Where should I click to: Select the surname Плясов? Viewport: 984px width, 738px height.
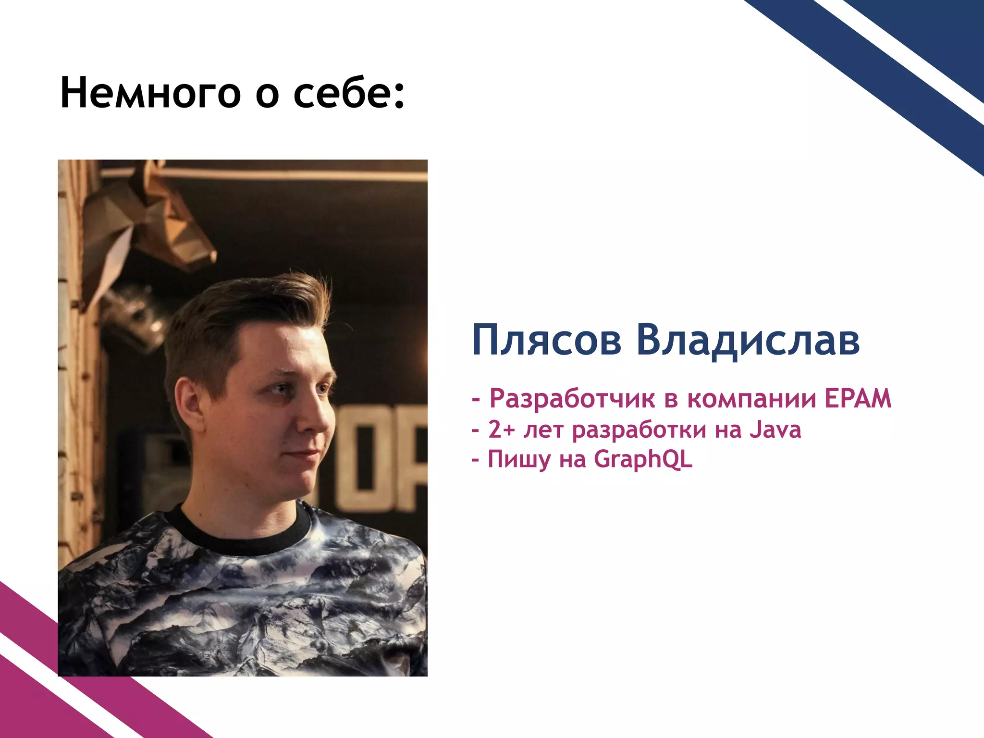pos(547,340)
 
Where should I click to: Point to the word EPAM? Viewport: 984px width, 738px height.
pos(858,398)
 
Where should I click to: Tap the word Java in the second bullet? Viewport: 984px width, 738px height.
pos(775,429)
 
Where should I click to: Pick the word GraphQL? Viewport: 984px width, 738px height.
pos(643,460)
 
